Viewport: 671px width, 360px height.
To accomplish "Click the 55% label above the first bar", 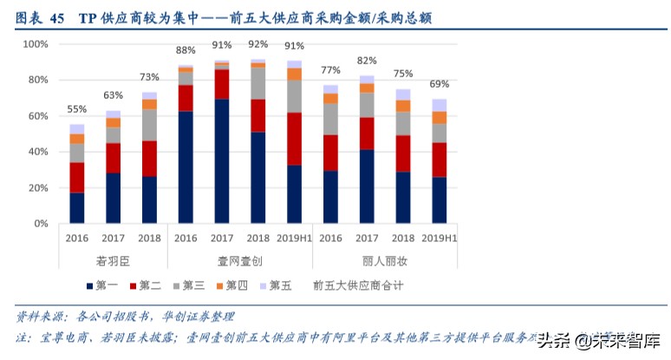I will pyautogui.click(x=77, y=109).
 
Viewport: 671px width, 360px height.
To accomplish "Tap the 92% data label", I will pyautogui.click(x=258, y=44).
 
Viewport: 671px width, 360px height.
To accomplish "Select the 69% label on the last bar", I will pyautogui.click(x=440, y=84).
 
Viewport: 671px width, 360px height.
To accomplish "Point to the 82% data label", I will pyautogui.click(x=367, y=61).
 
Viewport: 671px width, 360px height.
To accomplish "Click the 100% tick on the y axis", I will pyautogui.click(x=35, y=43).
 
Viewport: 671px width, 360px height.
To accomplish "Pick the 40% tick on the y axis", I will pyautogui.click(x=37, y=152).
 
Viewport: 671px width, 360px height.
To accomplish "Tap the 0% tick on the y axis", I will pyautogui.click(x=41, y=224).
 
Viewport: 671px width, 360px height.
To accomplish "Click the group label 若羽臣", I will pyautogui.click(x=113, y=259).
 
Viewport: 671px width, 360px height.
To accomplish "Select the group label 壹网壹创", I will pyautogui.click(x=240, y=259).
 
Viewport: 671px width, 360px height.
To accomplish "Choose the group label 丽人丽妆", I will pyautogui.click(x=385, y=259).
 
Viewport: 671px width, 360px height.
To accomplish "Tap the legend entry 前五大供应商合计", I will pyautogui.click(x=358, y=285).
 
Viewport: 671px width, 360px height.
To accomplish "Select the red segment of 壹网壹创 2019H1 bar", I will pyautogui.click(x=294, y=139).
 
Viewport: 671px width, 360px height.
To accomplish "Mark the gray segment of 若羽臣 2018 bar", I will pyautogui.click(x=150, y=125).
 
